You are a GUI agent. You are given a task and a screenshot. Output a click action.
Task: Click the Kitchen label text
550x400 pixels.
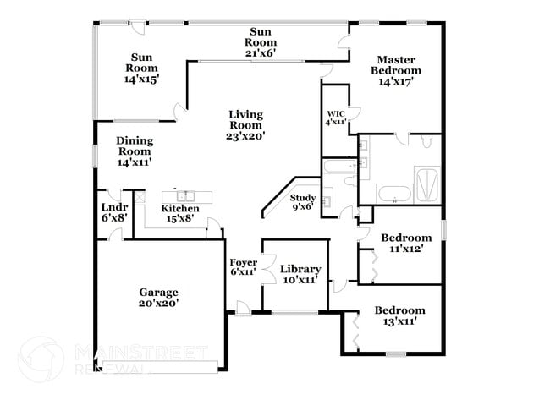point(180,209)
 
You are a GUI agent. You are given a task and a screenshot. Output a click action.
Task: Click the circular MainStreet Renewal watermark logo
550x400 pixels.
point(40,359)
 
